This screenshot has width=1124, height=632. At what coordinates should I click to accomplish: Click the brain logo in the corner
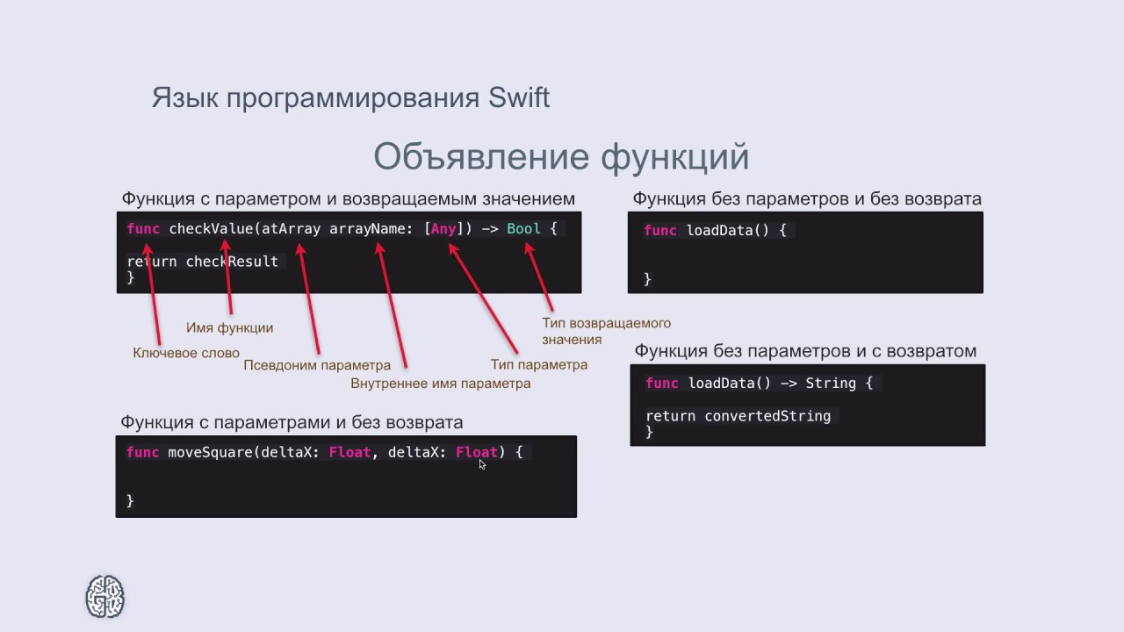tap(104, 596)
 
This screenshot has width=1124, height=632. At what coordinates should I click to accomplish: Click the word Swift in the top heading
tap(518, 97)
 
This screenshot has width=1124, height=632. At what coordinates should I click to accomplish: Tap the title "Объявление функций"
tap(561, 157)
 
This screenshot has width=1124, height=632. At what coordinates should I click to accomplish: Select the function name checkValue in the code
tap(211, 229)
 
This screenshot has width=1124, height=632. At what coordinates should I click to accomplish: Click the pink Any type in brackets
tap(443, 229)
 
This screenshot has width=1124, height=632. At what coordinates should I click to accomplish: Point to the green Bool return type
tap(523, 229)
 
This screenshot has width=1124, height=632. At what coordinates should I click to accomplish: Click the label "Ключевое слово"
tap(186, 353)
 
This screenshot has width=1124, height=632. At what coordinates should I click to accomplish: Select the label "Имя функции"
tap(229, 327)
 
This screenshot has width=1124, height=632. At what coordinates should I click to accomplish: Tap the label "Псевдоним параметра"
tap(317, 365)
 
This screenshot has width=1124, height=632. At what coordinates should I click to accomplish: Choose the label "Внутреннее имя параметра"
tap(440, 384)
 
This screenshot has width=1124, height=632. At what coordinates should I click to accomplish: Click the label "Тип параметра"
tap(538, 364)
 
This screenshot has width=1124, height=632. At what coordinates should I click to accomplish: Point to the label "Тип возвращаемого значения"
tap(606, 331)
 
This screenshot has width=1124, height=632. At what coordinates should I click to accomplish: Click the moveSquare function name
tap(210, 452)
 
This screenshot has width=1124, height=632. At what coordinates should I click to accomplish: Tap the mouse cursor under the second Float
tap(482, 464)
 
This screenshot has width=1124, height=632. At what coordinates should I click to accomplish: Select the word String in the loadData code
tap(830, 383)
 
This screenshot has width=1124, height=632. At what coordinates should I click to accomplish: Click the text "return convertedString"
tap(738, 416)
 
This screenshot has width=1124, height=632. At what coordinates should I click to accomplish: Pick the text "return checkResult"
tap(203, 262)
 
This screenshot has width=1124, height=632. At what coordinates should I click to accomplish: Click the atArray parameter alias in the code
tap(292, 229)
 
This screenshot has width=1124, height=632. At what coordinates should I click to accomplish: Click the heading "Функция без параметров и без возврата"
tap(807, 198)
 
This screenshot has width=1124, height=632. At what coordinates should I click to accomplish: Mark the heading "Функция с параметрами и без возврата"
tap(292, 422)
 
